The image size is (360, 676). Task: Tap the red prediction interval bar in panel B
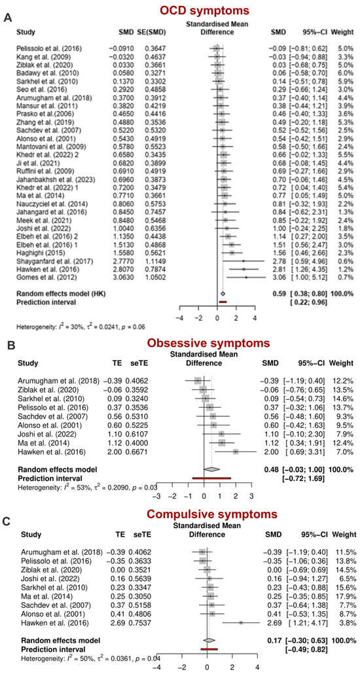click(211, 478)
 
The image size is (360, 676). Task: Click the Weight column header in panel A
click(344, 31)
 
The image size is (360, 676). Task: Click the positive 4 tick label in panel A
click(254, 317)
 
